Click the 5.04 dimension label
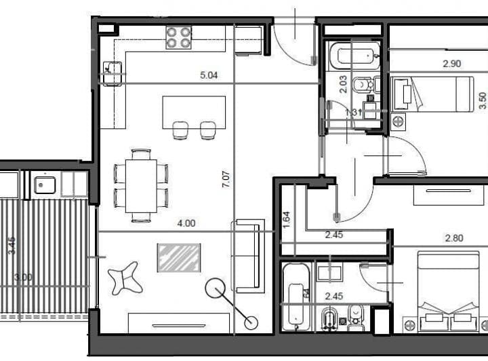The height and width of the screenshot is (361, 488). pos(209,76)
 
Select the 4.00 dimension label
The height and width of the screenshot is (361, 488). pos(186,223)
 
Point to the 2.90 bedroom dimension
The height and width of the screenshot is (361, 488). pos(451,64)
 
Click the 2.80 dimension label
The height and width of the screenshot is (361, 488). pos(454,238)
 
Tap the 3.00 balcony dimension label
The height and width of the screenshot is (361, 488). pos(23,277)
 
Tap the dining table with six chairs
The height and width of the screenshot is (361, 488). pos(141,185)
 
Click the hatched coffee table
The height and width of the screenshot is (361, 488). pos(179,257)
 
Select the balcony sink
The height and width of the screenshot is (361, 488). pos(45,184)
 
